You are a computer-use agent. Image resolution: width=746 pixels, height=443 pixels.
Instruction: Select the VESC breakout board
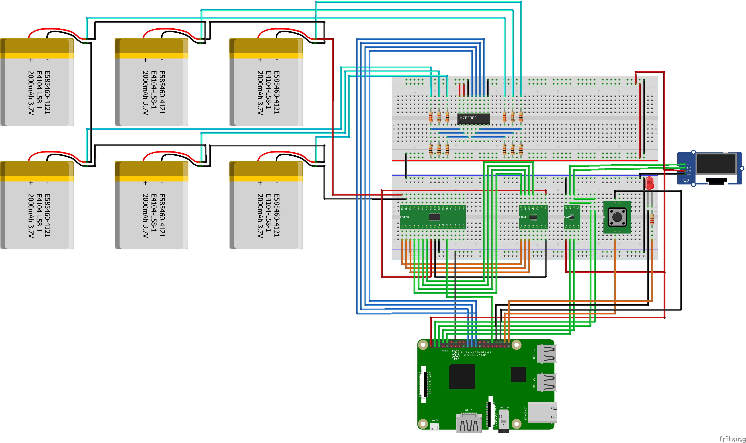[433, 217]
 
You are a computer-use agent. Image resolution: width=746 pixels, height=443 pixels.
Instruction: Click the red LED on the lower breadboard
[649, 183]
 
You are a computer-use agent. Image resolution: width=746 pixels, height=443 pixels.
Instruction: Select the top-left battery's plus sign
[31, 60]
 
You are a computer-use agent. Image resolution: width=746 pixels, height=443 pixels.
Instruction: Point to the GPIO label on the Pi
[445, 350]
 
